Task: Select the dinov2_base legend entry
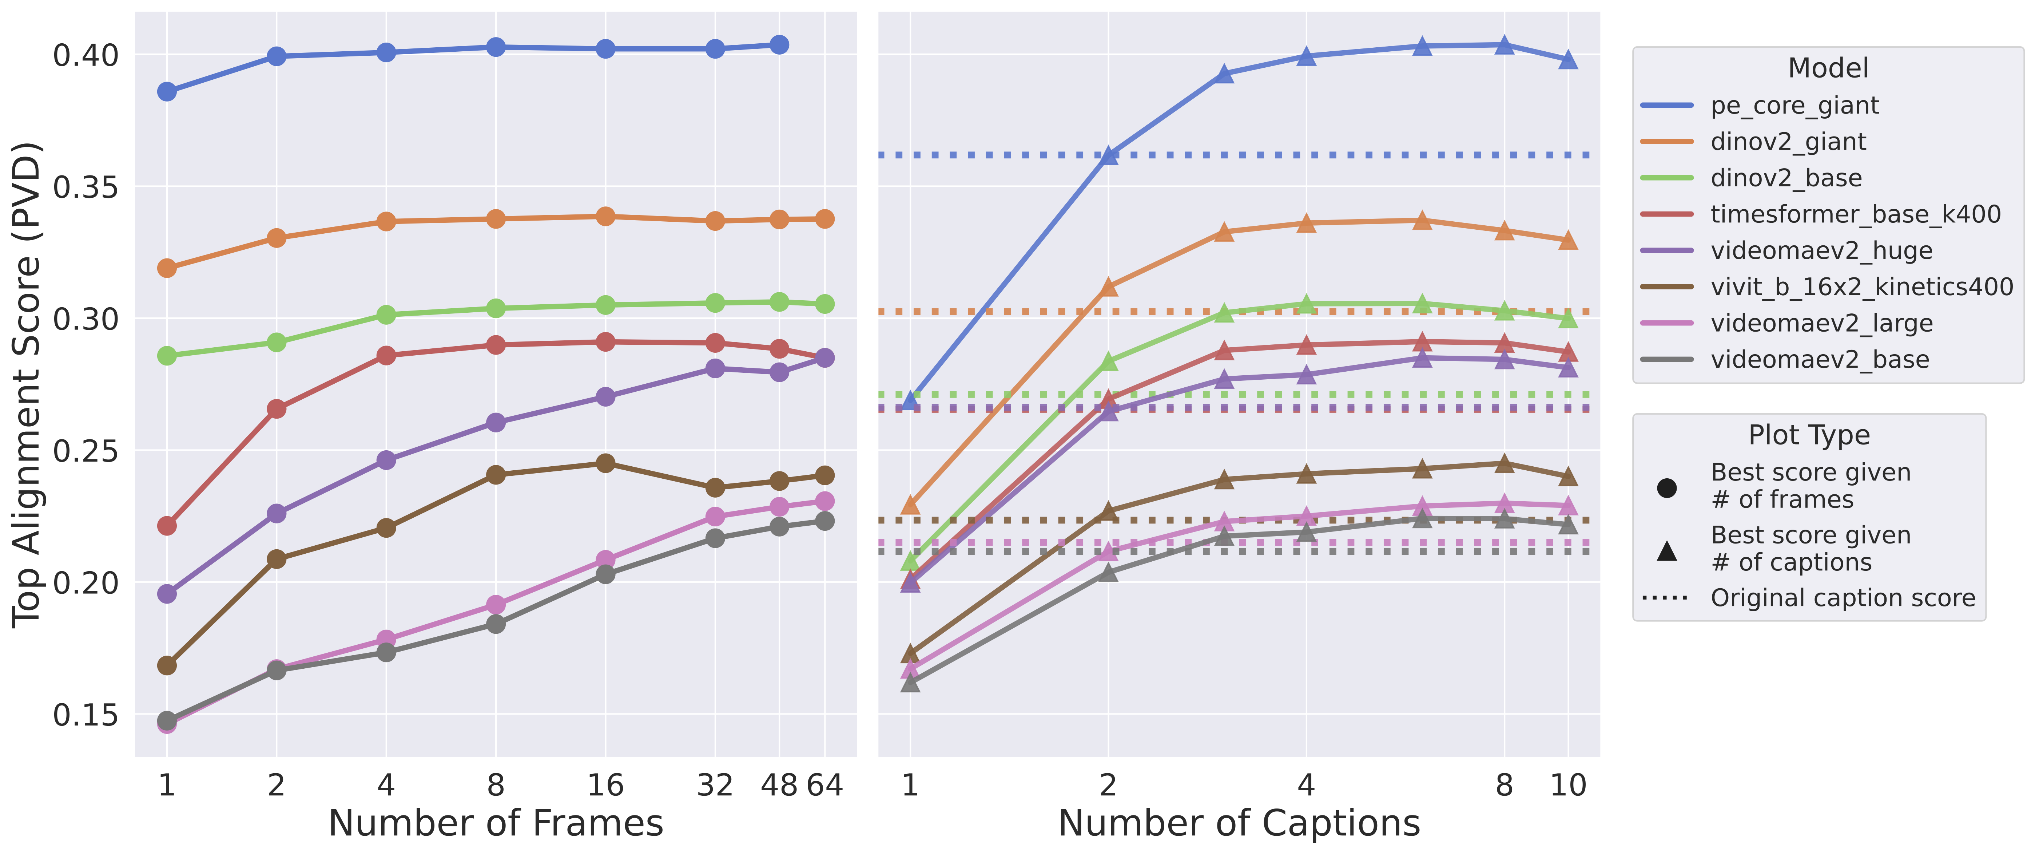(x=1785, y=178)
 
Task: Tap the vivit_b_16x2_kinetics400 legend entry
(x=1861, y=287)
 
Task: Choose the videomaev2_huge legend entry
(x=1821, y=250)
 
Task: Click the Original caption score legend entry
(x=1842, y=598)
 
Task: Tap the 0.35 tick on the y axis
(x=85, y=187)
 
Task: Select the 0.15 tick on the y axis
(x=85, y=715)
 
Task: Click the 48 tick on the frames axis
(x=779, y=785)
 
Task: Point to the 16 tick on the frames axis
(x=605, y=785)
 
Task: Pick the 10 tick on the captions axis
(x=1568, y=785)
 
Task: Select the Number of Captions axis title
(x=1239, y=823)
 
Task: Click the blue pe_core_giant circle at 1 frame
(x=167, y=92)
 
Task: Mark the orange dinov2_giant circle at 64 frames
(x=824, y=219)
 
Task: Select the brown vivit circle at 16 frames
(x=605, y=463)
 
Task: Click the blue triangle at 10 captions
(x=1568, y=60)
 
